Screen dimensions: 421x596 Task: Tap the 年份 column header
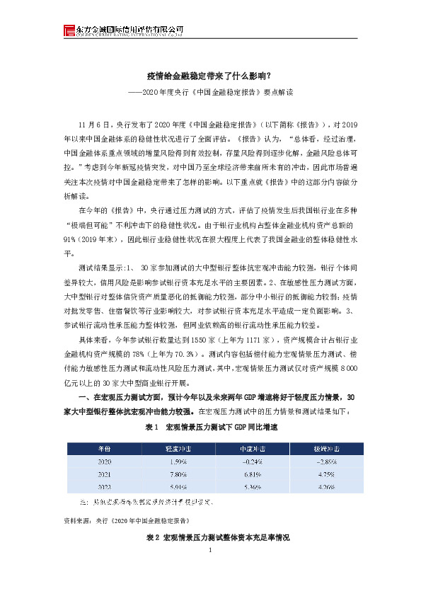click(x=104, y=449)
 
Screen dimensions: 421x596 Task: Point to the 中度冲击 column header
click(x=248, y=449)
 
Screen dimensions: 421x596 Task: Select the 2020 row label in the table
click(x=104, y=462)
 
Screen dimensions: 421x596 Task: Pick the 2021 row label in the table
click(x=104, y=474)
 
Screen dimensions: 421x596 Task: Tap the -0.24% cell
click(x=248, y=462)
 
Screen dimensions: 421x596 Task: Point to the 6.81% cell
click(x=248, y=474)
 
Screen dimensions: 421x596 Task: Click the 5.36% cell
click(x=248, y=487)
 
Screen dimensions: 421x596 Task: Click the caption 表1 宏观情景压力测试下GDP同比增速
click(x=211, y=428)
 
